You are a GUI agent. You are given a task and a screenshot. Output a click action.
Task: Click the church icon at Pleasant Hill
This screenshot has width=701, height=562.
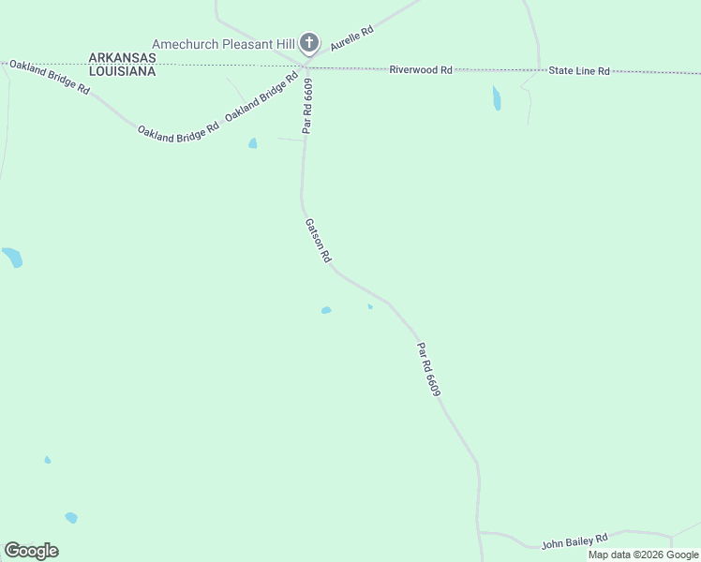tap(309, 42)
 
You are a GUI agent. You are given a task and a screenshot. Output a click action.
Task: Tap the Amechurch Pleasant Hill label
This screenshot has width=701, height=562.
tap(224, 43)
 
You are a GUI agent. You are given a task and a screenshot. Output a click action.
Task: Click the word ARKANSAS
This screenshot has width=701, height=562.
tap(122, 57)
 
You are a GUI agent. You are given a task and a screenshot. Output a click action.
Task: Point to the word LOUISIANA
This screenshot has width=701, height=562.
tap(122, 70)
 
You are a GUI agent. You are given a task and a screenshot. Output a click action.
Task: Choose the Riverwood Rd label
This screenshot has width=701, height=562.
tap(422, 69)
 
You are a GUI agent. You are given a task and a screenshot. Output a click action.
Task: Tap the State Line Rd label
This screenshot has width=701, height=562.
tap(579, 71)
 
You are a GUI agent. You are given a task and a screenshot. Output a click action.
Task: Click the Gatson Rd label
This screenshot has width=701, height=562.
tap(319, 241)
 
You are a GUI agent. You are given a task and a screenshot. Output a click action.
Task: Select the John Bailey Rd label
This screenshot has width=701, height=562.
tap(574, 540)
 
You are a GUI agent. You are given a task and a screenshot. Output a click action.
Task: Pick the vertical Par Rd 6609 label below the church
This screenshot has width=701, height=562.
tap(307, 105)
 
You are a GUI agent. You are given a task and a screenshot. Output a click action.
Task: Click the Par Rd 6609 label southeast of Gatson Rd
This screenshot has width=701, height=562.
tap(428, 369)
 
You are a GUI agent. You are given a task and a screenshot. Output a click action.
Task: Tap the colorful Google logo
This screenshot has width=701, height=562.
tap(31, 551)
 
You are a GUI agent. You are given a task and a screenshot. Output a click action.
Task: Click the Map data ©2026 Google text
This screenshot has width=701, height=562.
tap(643, 555)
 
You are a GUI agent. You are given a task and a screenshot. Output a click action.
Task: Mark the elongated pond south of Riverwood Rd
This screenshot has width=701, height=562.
tap(496, 97)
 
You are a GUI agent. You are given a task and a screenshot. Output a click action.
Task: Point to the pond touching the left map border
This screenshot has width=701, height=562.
tap(11, 257)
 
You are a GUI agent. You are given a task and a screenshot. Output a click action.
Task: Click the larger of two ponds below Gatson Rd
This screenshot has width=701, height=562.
tap(326, 310)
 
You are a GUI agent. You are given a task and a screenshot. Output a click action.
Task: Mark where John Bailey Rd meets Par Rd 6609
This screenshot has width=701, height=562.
tap(479, 532)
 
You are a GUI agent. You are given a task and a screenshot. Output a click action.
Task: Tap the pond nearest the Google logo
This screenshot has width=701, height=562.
tap(71, 517)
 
